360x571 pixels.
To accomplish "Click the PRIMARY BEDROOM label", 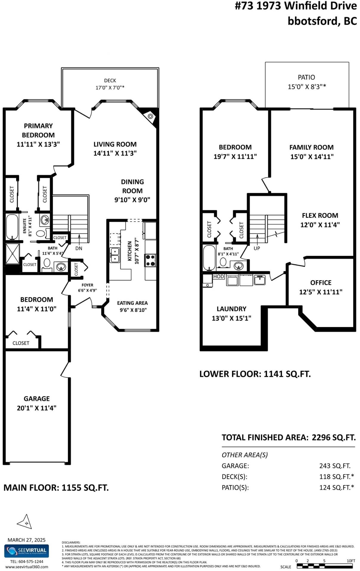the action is pos(38,130).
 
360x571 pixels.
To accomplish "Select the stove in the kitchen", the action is pos(150,260).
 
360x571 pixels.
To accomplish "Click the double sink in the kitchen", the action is pos(115,255).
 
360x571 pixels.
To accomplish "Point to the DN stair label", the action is pos(79,248).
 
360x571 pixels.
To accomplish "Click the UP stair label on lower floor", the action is pos(257,248).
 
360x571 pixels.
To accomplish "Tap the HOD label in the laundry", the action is pos(218,276).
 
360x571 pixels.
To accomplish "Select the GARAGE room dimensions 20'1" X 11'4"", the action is pos(37,408).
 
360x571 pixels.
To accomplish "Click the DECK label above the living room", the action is pos(110,80).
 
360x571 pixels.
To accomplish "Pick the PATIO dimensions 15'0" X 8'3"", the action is pos(307,87).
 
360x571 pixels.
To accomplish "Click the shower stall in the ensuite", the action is pos(13,253).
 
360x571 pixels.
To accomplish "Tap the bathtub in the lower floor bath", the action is pos(209,258).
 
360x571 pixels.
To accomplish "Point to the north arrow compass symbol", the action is pos(25,522).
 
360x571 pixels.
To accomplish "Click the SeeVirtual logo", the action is pos(27,551).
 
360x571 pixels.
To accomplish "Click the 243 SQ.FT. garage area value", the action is pos(335,466).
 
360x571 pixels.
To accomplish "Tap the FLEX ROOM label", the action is pos(320,215).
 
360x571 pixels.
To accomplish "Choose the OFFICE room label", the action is pos(321,283).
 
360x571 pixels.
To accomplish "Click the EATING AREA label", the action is pos(132,303).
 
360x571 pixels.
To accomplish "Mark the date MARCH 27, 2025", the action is pos(27,540).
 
